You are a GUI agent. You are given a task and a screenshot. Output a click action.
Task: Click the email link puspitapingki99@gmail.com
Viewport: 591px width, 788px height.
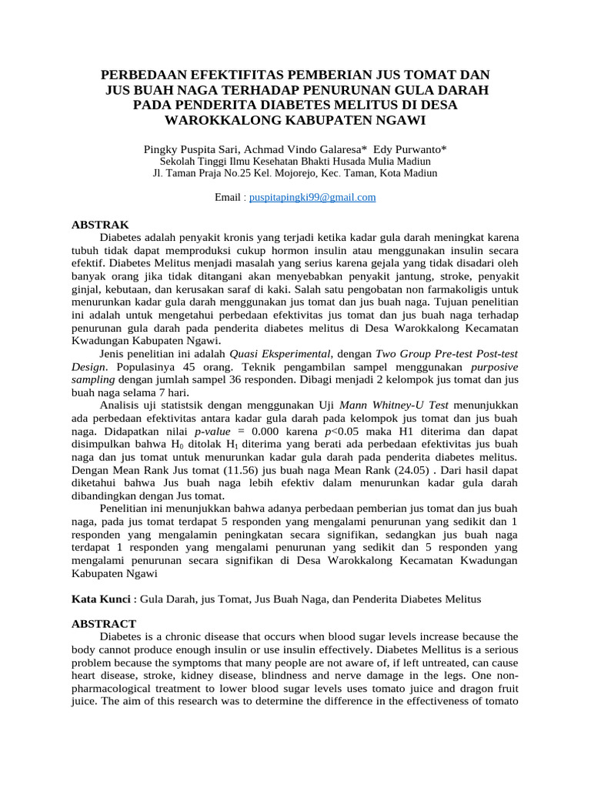click(x=312, y=198)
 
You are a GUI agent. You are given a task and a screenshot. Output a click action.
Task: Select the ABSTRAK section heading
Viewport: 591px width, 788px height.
click(x=100, y=225)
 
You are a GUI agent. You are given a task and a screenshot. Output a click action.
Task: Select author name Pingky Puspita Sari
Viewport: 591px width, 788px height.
click(x=191, y=149)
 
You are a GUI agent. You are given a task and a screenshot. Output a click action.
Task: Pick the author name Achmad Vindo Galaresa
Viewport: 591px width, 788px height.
click(x=303, y=149)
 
